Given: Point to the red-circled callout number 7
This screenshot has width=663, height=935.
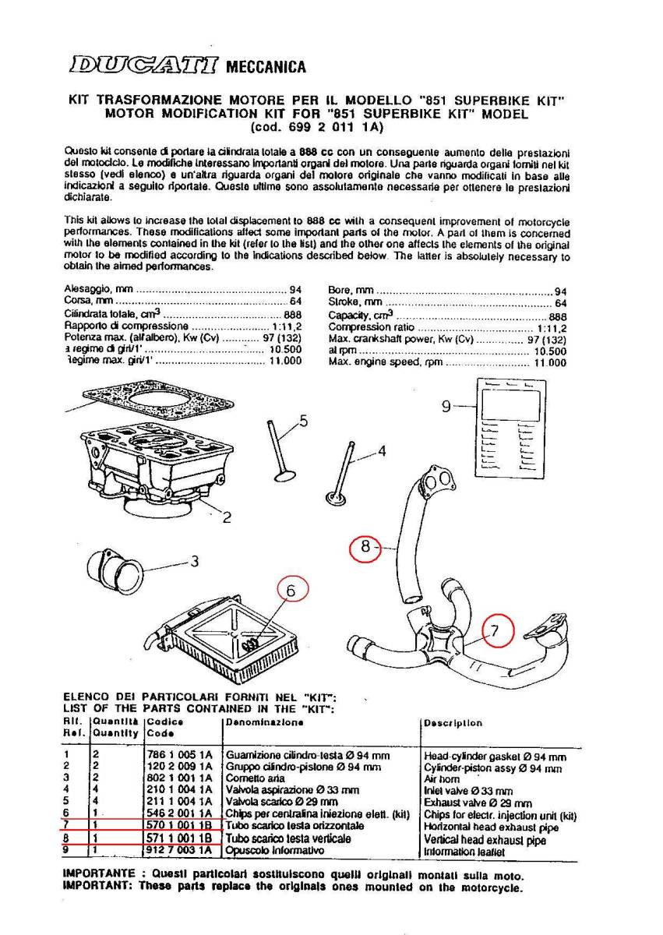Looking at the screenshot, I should click(497, 633).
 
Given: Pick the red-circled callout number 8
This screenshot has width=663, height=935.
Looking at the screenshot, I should click(366, 548).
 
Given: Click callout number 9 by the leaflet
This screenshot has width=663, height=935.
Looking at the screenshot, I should click(446, 406).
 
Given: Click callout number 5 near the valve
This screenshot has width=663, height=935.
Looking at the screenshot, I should click(303, 421).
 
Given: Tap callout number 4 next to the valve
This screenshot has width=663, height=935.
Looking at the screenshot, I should click(382, 450).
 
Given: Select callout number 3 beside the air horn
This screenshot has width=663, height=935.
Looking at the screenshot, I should click(195, 560).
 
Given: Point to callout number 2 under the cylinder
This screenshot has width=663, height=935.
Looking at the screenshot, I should click(226, 517).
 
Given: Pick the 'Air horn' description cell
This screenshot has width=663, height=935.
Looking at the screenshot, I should click(441, 778).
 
